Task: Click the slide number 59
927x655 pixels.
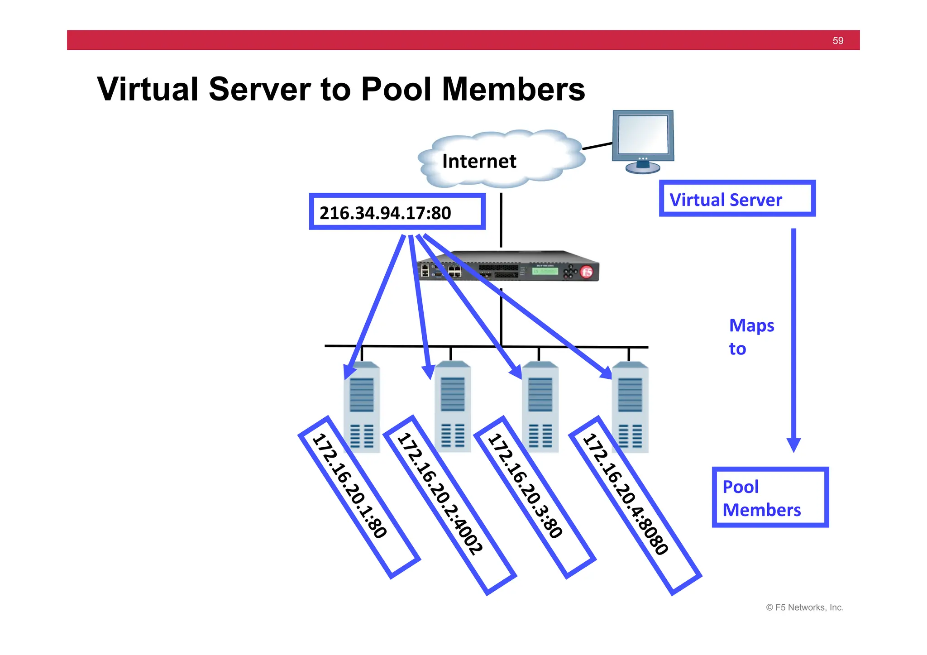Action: tap(837, 41)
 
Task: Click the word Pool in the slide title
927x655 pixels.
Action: tap(396, 89)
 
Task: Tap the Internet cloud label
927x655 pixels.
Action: tap(479, 161)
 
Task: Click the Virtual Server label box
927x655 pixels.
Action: tap(737, 199)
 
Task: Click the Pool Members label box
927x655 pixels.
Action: tap(769, 497)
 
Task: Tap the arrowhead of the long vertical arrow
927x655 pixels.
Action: tap(793, 445)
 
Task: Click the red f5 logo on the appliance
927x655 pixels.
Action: tap(587, 272)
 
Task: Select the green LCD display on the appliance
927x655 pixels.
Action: tap(545, 271)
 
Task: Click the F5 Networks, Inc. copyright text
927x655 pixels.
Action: tap(804, 607)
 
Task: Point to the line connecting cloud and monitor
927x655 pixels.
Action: tap(597, 146)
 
